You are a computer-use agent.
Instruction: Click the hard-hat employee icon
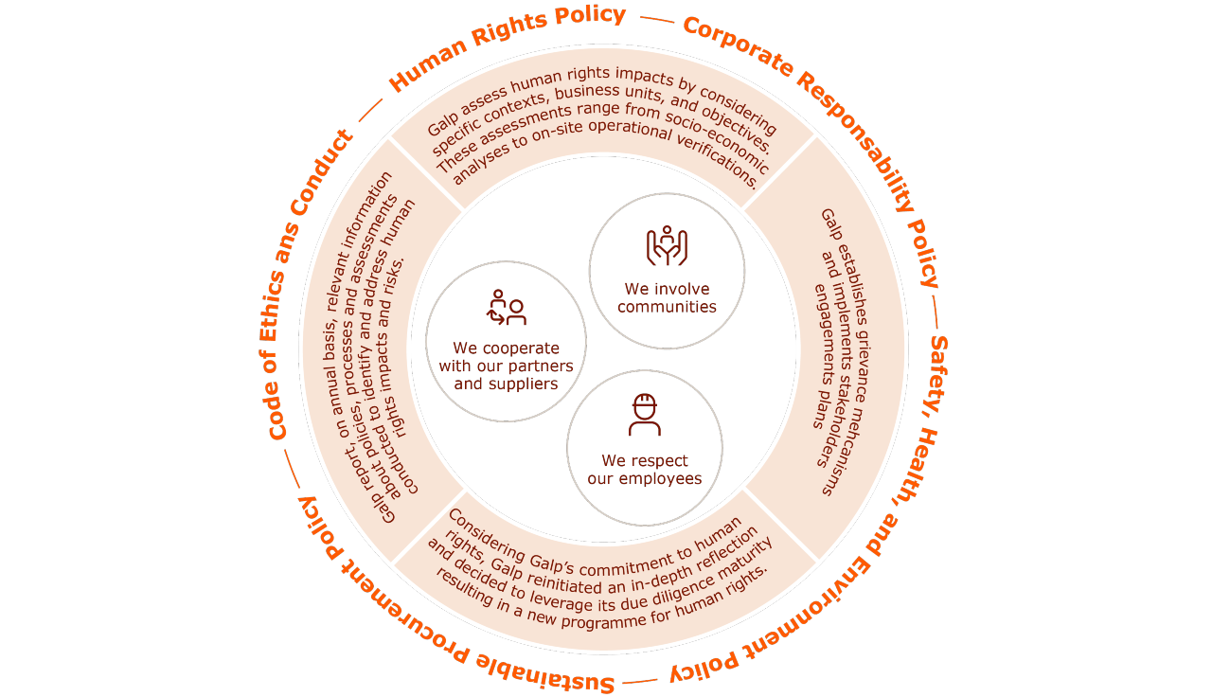(645, 415)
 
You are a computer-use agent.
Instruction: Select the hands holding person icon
(667, 245)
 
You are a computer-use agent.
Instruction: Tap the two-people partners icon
(507, 307)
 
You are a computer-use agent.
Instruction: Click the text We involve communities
(667, 298)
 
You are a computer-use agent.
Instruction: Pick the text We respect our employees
(645, 470)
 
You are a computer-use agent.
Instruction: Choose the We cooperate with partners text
(507, 366)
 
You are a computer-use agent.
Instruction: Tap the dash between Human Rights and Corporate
(656, 19)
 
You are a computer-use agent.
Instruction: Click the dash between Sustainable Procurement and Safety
(640, 680)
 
